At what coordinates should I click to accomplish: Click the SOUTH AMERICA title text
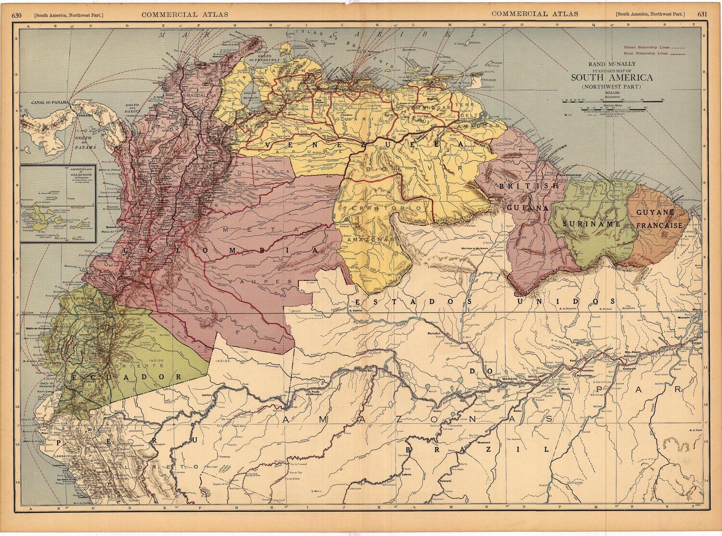612,77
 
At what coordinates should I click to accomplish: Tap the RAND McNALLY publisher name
612,64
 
